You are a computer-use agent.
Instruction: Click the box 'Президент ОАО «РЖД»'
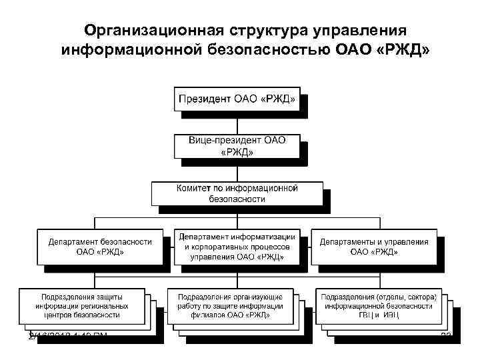point(237,99)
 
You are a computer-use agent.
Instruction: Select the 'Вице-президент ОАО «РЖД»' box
point(237,146)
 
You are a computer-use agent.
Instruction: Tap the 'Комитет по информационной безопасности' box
point(237,193)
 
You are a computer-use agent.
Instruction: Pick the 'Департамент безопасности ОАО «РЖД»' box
point(100,247)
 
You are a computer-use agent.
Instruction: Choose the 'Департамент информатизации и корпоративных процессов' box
point(237,247)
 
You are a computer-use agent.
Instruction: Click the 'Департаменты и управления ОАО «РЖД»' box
point(374,247)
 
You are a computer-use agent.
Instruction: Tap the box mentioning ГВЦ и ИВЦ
point(379,305)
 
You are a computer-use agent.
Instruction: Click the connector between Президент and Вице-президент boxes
point(237,123)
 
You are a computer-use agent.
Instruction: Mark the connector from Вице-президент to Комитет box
point(237,170)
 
